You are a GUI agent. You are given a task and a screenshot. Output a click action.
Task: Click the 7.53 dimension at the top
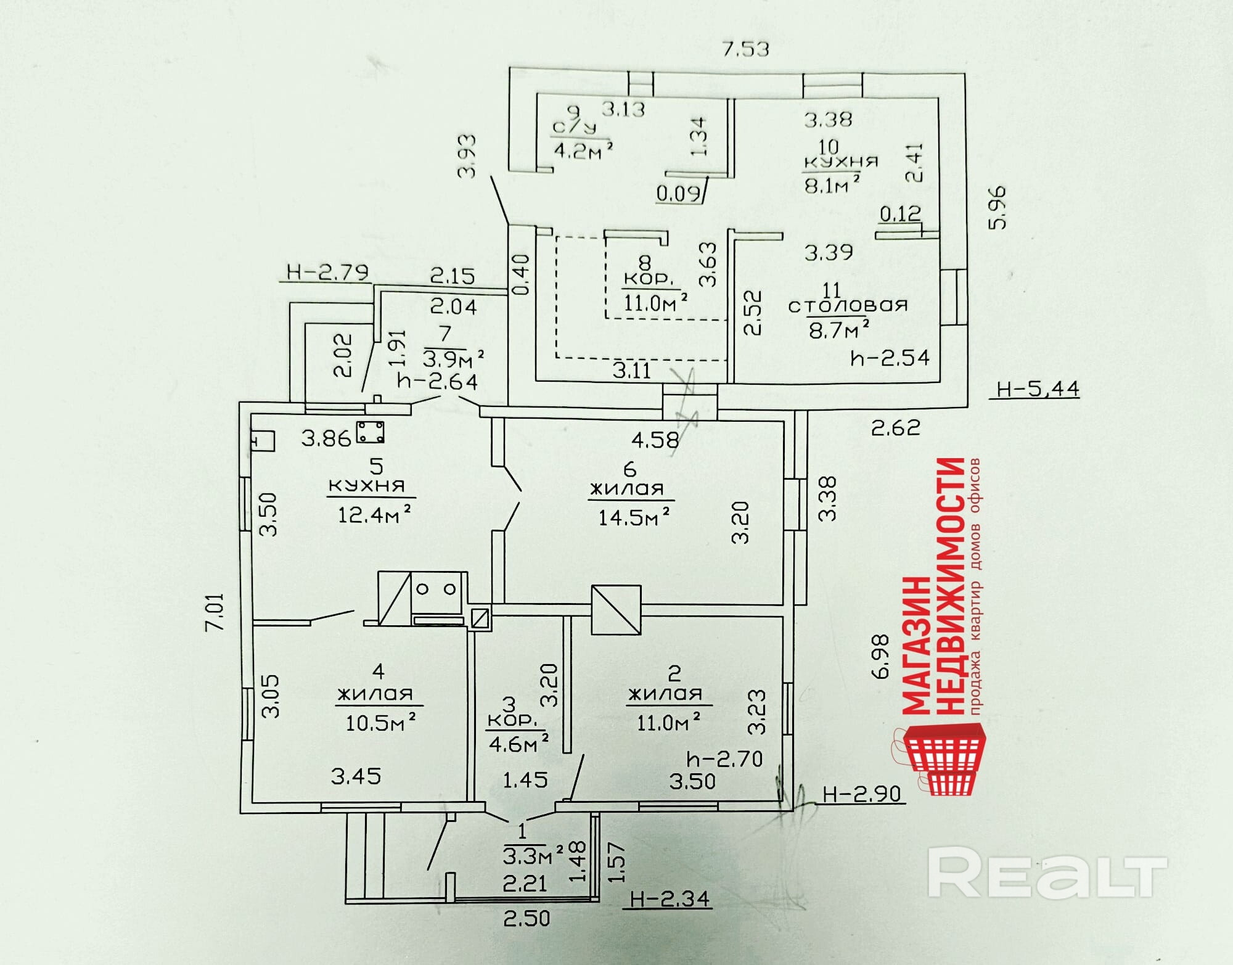coord(745,49)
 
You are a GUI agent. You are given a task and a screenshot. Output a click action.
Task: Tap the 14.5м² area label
coord(633,516)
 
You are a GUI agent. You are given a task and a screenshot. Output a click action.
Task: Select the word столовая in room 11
coord(848,305)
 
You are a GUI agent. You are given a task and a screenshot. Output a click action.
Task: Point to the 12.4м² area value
coord(374,514)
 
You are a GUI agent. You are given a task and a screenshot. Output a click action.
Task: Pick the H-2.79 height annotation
coord(327,272)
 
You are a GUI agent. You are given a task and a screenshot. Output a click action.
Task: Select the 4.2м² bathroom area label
coord(583,150)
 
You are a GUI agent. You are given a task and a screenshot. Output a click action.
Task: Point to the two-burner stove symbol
coord(436,589)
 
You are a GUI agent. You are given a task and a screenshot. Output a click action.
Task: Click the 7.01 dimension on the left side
coord(216,612)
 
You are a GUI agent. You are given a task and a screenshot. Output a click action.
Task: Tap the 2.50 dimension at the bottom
coord(526,919)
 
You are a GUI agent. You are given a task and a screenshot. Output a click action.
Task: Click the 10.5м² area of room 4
coord(380,722)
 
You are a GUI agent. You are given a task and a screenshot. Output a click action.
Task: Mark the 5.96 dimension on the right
coord(996,207)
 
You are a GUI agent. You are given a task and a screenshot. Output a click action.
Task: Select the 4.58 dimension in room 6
coord(655,440)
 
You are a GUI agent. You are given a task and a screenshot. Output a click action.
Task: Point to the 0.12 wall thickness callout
coord(899,214)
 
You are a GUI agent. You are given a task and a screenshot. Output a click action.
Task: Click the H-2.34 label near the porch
coord(670,898)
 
